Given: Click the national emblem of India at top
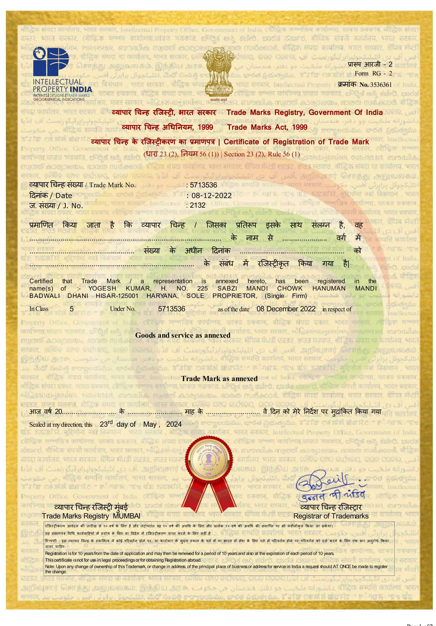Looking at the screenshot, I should coord(218,72).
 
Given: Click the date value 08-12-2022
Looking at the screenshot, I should coord(211,196).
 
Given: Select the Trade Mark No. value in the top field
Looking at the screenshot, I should coord(203,185).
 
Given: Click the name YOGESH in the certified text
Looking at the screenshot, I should coord(102,289).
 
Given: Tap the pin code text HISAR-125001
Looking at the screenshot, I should coord(117,296).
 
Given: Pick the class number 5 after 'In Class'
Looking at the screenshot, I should coord(72,309).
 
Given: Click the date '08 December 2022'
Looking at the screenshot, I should coord(286,309).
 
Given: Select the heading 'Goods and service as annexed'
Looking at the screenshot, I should coord(183,335).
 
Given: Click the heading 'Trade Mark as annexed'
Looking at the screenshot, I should coord(219,378).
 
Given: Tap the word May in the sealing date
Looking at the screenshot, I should coord(150,424).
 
